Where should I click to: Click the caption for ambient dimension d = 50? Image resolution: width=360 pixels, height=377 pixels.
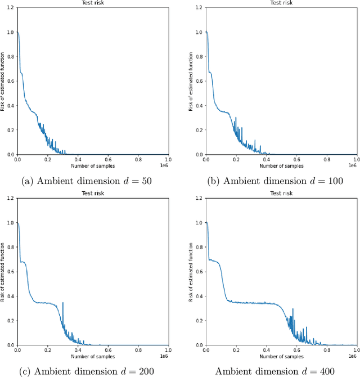pyautogui.click(x=93, y=181)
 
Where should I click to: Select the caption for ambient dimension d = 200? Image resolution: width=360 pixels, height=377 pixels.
pyautogui.click(x=93, y=371)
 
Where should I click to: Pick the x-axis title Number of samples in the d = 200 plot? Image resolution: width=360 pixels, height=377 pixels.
pyautogui.click(x=93, y=356)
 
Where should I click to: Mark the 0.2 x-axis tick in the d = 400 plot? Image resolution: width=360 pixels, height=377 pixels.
pyautogui.click(x=236, y=350)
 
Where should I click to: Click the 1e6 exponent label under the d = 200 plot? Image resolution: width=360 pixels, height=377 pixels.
pyautogui.click(x=164, y=356)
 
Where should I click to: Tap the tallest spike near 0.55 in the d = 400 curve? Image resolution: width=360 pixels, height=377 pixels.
pyautogui.click(x=292, y=309)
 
